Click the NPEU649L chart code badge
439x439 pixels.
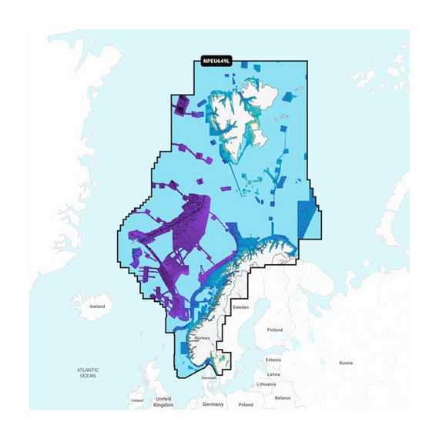tap(216, 61)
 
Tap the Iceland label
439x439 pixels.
tap(96, 307)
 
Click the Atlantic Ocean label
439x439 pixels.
tap(87, 373)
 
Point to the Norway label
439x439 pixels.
tap(202, 338)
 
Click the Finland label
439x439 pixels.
tap(274, 330)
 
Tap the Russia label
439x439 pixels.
tap(346, 363)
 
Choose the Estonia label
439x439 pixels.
tap(273, 360)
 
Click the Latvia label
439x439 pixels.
tap(273, 374)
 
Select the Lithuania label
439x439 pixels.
tap(266, 384)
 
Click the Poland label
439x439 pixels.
tap(245, 404)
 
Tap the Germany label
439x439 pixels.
tap(213, 404)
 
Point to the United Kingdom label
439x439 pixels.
tap(163, 401)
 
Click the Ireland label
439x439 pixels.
tap(137, 400)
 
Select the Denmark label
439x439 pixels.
tap(209, 377)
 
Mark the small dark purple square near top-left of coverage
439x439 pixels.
tap(182, 104)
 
